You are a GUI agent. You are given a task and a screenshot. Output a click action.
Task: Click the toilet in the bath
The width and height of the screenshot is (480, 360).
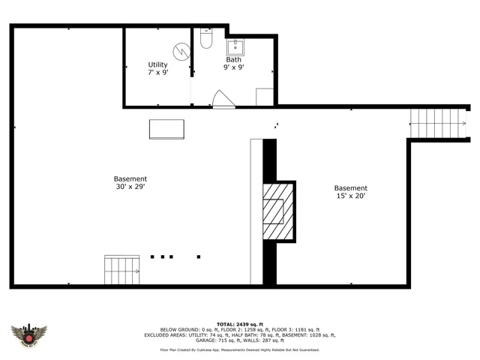(207, 39)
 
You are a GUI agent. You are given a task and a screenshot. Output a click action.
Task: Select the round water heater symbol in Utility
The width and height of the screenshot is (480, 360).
(180, 51)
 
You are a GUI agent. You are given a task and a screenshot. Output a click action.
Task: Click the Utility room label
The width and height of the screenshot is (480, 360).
(157, 65)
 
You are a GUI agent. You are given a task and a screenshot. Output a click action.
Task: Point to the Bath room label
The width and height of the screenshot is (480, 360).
(234, 59)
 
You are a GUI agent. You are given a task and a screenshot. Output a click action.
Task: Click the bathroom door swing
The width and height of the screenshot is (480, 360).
(222, 99)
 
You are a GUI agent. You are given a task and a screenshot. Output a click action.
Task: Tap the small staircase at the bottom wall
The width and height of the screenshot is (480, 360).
(123, 269)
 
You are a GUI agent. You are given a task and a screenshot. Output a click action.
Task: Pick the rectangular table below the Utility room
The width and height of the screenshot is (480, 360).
(166, 129)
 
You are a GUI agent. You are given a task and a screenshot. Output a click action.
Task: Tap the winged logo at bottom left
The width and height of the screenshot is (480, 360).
(29, 334)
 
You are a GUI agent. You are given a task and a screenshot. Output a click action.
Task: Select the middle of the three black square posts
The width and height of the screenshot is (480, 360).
(162, 256)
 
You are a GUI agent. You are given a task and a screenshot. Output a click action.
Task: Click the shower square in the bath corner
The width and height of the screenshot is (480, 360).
(265, 97)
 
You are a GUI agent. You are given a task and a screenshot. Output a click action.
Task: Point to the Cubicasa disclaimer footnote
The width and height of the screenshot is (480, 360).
(239, 349)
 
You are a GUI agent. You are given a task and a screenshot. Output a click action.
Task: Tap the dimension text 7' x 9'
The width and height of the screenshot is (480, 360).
(157, 73)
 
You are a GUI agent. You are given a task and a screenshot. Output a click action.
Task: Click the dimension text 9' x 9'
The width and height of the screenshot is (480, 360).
(234, 67)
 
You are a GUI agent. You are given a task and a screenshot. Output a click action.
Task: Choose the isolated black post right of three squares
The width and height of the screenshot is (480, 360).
(198, 256)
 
